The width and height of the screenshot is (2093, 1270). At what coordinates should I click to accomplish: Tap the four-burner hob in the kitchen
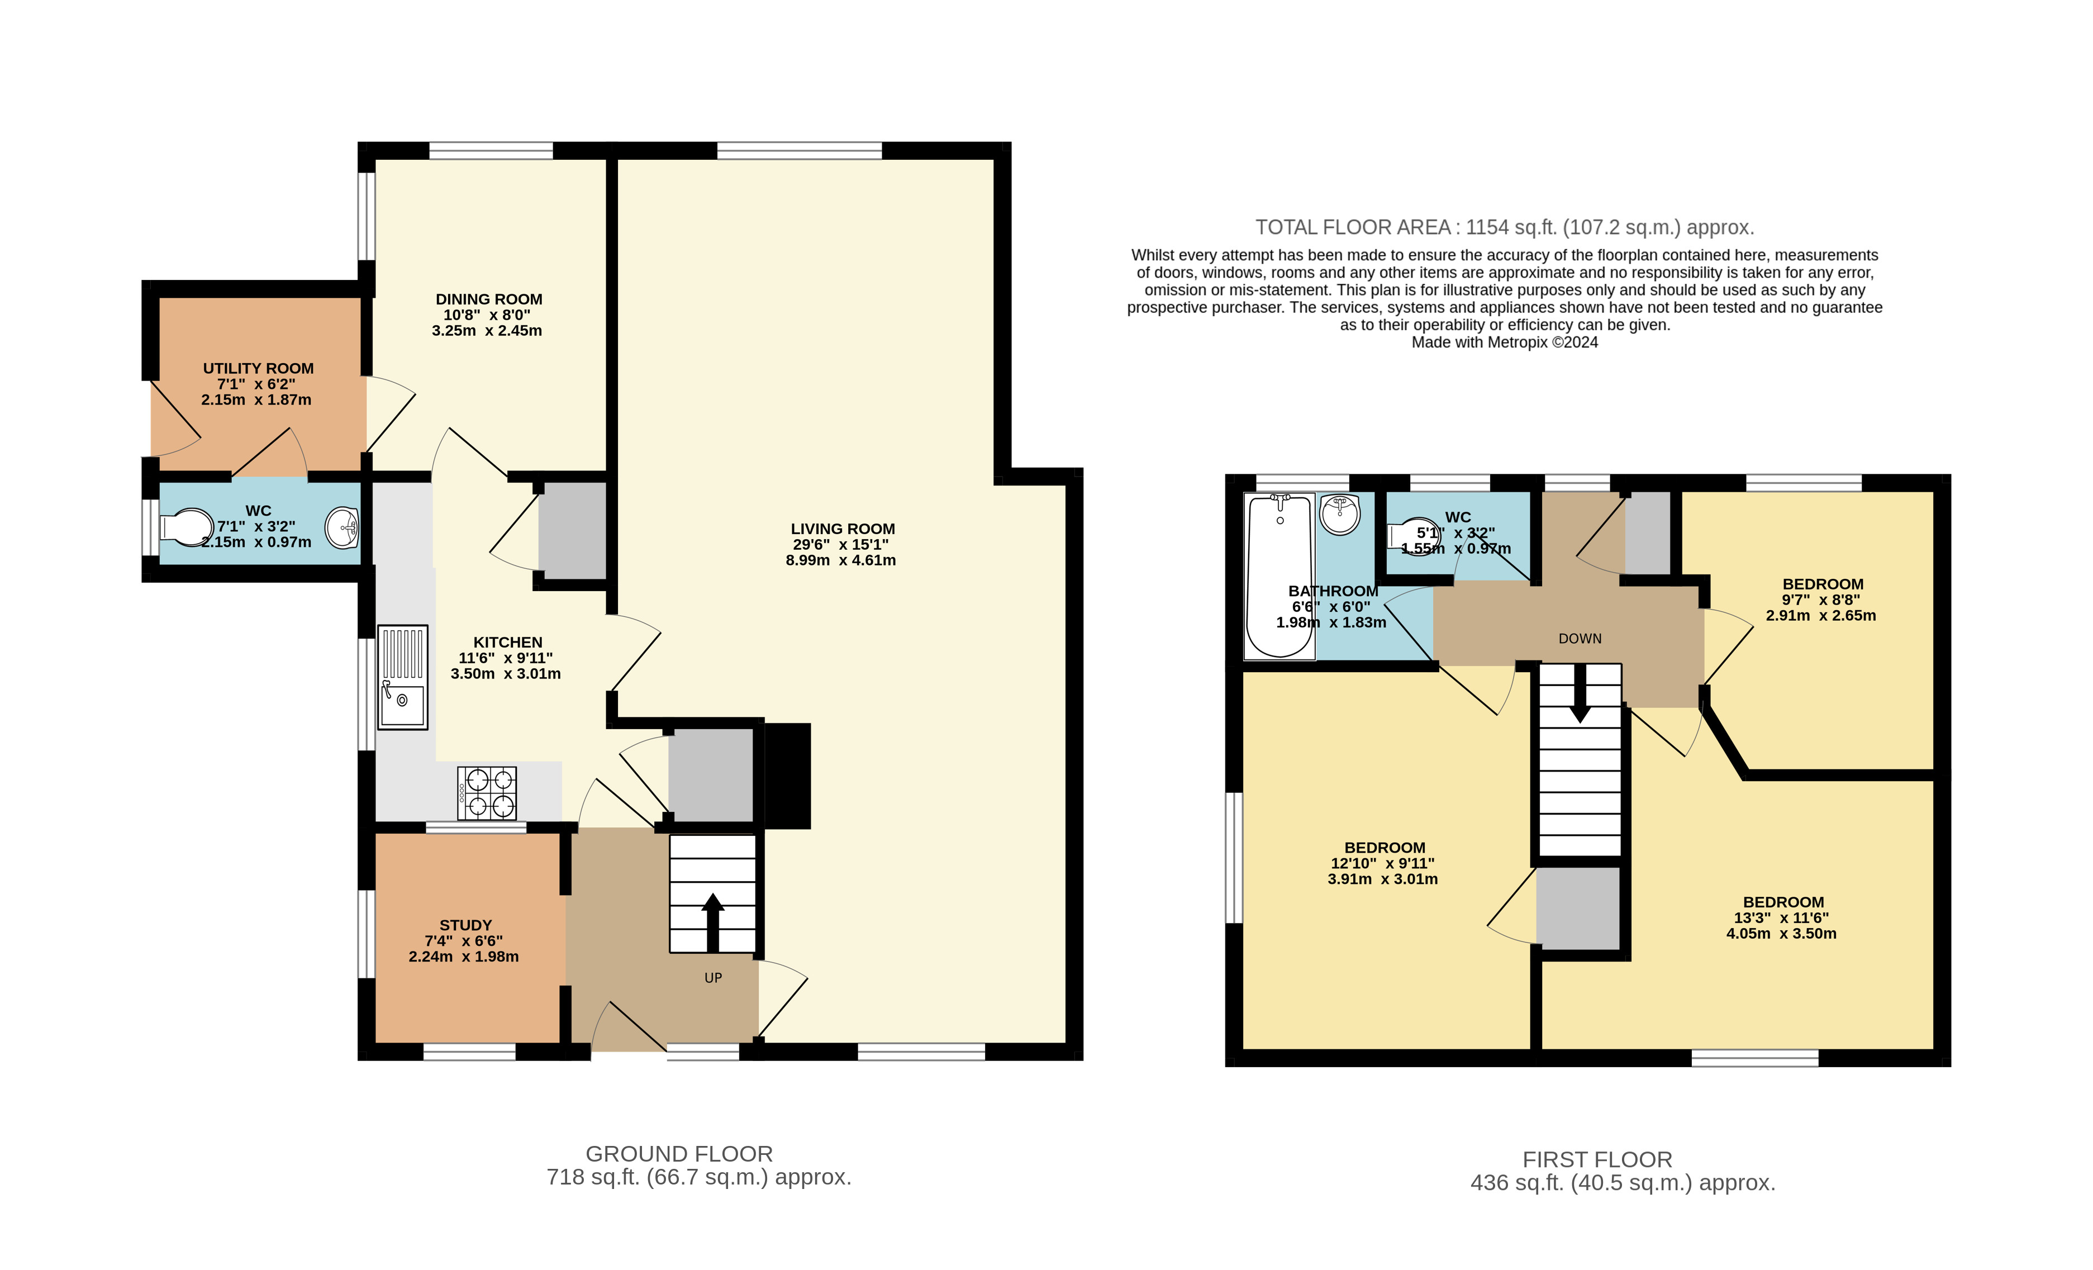pos(487,793)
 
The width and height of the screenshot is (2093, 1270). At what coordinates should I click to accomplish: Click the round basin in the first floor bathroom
pos(1340,514)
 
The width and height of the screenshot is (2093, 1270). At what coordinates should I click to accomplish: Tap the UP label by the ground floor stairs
pos(713,978)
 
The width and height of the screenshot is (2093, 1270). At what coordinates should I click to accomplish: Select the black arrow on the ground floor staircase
pos(713,922)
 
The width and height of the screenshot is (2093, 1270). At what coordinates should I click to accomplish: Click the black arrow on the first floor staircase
pos(1580,692)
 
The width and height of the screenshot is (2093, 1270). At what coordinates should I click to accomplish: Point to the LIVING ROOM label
pos(842,529)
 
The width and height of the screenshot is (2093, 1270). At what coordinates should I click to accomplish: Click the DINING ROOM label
pos(488,299)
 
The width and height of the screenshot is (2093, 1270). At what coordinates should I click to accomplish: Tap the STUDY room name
pos(465,925)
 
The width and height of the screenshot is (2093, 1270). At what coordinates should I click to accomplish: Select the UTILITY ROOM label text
pos(258,368)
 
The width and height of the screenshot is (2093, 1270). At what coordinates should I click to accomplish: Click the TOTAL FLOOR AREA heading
pos(1504,227)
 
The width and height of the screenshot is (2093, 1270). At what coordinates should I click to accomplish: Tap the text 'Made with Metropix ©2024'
pos(1504,343)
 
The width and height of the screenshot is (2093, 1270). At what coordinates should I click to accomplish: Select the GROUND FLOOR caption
pos(679,1154)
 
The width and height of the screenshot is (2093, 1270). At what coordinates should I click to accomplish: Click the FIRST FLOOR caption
pos(1597,1159)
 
